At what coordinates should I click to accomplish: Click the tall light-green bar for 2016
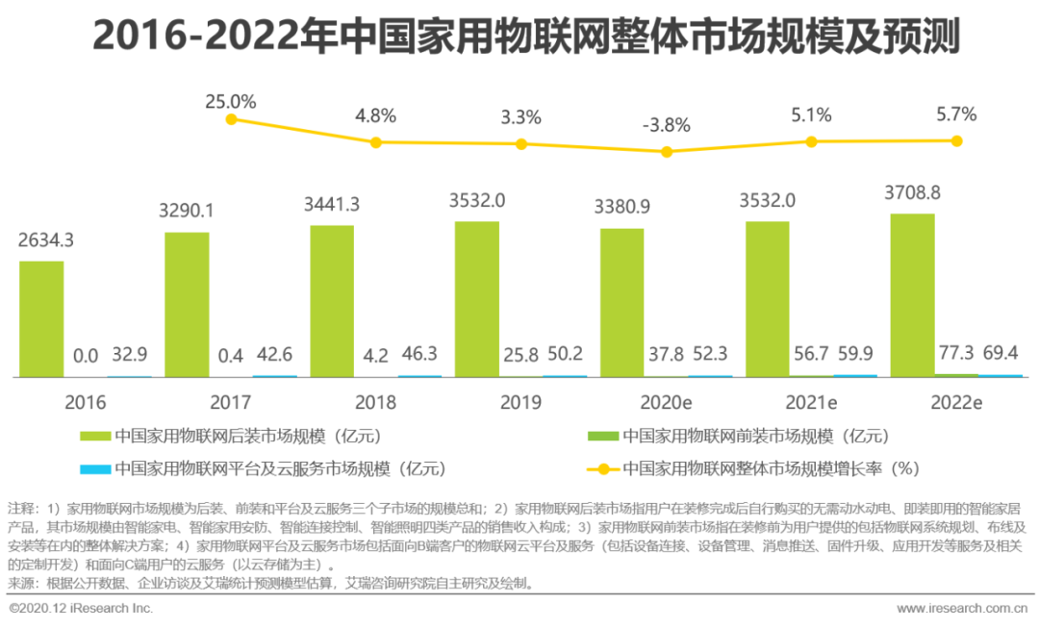click(x=41, y=318)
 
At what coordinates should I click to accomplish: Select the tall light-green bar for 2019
click(x=477, y=299)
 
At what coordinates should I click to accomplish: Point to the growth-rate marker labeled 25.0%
click(x=231, y=119)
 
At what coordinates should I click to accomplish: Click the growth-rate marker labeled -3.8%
click(x=666, y=152)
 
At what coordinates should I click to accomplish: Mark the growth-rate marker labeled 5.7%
click(x=956, y=140)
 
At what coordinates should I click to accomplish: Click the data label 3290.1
click(x=187, y=211)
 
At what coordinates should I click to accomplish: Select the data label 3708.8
click(x=912, y=192)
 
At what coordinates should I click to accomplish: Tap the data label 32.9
click(x=129, y=356)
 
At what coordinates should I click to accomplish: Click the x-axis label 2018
click(x=375, y=402)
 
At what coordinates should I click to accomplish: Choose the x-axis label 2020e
click(x=666, y=402)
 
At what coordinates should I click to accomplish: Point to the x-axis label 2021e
click(x=811, y=402)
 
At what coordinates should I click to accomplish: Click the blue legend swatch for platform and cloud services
click(x=95, y=469)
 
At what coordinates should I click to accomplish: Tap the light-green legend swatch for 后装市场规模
click(x=95, y=436)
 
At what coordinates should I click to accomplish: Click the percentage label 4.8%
click(x=375, y=117)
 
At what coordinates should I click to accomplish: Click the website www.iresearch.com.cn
click(x=962, y=609)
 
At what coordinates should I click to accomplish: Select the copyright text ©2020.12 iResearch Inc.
click(x=81, y=609)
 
